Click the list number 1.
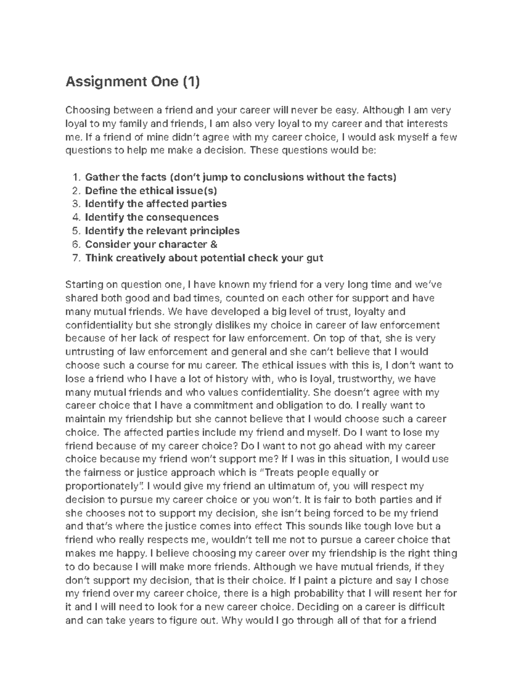(76, 177)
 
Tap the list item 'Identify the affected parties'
(155, 204)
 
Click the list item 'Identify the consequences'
(152, 217)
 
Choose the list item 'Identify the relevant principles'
(162, 231)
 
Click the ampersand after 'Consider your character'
(214, 244)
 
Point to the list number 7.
(76, 258)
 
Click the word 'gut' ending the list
(314, 258)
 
